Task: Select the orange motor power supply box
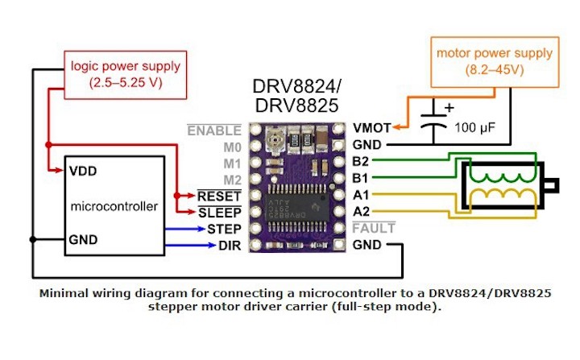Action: (x=495, y=62)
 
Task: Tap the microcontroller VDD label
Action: (x=85, y=171)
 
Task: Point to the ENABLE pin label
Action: (x=213, y=130)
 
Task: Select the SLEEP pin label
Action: (x=220, y=212)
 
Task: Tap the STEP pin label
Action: (x=224, y=229)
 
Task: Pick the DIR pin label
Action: (x=229, y=245)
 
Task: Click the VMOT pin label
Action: (x=372, y=128)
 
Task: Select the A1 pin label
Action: (x=362, y=195)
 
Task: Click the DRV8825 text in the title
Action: (x=296, y=105)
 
